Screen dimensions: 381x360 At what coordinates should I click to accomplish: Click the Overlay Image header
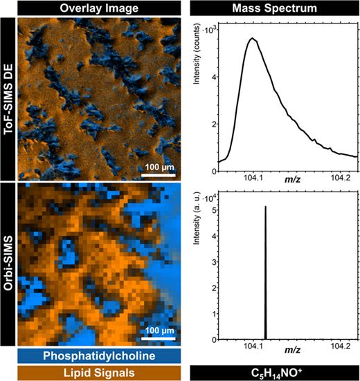(x=99, y=8)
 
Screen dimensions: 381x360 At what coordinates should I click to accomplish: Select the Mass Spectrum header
(x=273, y=8)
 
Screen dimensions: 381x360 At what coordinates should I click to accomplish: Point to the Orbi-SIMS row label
(x=8, y=263)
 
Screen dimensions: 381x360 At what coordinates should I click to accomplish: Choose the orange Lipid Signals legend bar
(x=99, y=373)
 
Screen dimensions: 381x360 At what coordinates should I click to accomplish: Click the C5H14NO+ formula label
(x=273, y=373)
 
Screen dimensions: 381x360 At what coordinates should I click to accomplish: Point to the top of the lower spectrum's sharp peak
(x=266, y=206)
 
